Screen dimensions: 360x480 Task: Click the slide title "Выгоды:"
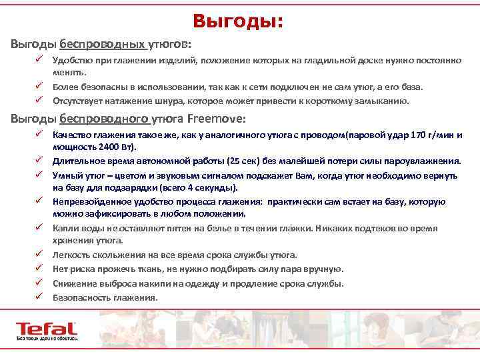239,22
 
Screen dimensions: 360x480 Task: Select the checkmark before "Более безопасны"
40,87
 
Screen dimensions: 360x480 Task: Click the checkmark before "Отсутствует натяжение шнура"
40,101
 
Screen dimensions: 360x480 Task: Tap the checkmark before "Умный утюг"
40,175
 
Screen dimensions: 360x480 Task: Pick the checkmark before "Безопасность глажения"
40,297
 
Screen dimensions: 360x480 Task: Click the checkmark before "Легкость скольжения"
40,255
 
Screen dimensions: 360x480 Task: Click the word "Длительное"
77,161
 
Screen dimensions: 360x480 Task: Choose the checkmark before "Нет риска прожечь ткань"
40,269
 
